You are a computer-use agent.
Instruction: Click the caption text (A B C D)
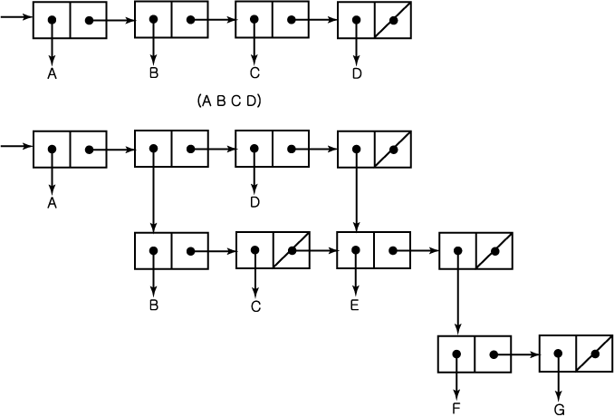pyautogui.click(x=229, y=102)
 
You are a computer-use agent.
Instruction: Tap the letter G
pyautogui.click(x=559, y=410)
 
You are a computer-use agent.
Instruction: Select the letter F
pyautogui.click(x=456, y=408)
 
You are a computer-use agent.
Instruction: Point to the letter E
pyautogui.click(x=355, y=305)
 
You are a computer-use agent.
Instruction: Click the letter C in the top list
pyautogui.click(x=254, y=73)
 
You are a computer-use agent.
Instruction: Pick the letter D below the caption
pyautogui.click(x=254, y=202)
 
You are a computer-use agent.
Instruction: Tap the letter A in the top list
pyautogui.click(x=52, y=73)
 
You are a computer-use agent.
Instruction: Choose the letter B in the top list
pyautogui.click(x=154, y=73)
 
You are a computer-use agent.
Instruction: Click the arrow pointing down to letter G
pyautogui.click(x=559, y=378)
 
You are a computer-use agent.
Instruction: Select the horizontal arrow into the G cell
pyautogui.click(x=516, y=354)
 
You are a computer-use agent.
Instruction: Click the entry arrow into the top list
pyautogui.click(x=16, y=17)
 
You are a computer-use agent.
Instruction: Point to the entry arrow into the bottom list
pyautogui.click(x=16, y=146)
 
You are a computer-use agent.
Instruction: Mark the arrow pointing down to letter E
pyautogui.click(x=355, y=273)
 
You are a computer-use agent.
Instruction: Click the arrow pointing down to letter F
pyautogui.click(x=456, y=378)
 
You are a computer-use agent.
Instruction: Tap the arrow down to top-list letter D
pyautogui.click(x=356, y=43)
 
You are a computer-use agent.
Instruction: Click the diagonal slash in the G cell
pyautogui.click(x=594, y=354)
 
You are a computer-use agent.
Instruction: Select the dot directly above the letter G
pyautogui.click(x=559, y=354)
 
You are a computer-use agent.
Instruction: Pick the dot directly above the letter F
pyautogui.click(x=456, y=354)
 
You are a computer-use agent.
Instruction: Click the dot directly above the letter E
pyautogui.click(x=355, y=250)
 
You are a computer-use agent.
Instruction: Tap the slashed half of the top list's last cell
pyautogui.click(x=393, y=20)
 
